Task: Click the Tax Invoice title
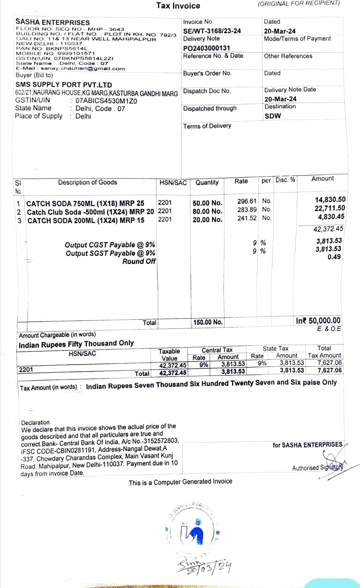click(x=178, y=6)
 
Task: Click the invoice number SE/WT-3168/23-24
click(x=212, y=31)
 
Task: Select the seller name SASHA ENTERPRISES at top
click(x=52, y=22)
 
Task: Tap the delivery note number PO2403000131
click(x=206, y=48)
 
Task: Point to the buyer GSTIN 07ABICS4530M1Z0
click(x=106, y=101)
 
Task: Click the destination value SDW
click(x=273, y=116)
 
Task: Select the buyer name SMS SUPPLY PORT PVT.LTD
click(x=63, y=85)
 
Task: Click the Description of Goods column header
click(x=87, y=182)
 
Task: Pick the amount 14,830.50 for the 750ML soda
click(x=330, y=199)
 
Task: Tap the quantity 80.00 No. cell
click(x=207, y=211)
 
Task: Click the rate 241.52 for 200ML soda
click(x=247, y=218)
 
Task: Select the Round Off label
click(x=139, y=261)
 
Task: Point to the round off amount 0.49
click(x=334, y=257)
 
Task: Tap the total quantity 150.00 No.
click(x=208, y=322)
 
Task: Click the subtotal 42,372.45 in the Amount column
click(x=328, y=229)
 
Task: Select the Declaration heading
click(x=35, y=422)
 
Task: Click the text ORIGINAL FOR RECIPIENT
click(x=298, y=3)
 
